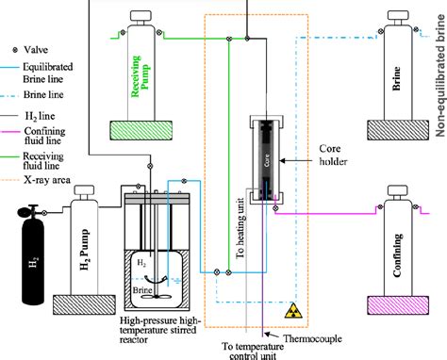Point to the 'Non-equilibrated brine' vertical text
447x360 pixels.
tap(439, 76)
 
